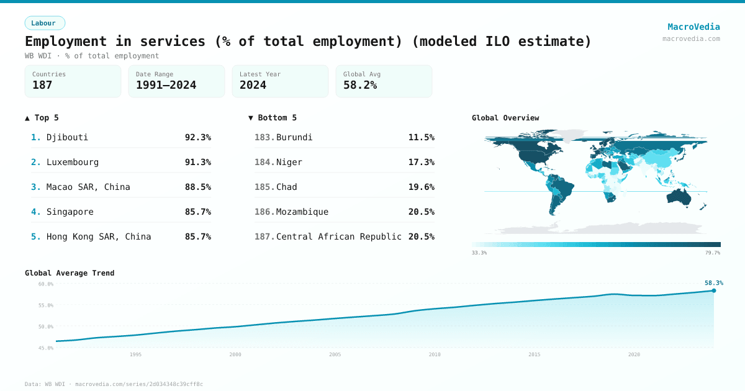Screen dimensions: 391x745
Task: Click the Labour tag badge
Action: click(44, 23)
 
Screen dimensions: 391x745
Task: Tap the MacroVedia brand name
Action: click(693, 27)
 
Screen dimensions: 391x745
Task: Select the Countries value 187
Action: click(42, 85)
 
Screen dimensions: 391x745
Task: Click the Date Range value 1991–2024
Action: click(166, 85)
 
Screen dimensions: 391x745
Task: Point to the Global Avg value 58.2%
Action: click(360, 85)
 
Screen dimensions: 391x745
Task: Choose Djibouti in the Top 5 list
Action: click(67, 137)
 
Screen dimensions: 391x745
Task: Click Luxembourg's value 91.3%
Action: click(197, 162)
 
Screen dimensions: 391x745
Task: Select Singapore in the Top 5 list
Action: click(70, 212)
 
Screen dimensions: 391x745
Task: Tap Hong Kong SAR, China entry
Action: click(98, 236)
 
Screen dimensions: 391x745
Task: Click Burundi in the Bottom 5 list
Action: click(294, 137)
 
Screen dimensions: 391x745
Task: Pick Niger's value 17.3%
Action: click(421, 162)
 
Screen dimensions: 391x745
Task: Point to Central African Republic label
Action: click(338, 236)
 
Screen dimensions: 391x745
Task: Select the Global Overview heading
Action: click(505, 118)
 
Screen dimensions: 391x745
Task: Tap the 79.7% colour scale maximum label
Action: click(713, 253)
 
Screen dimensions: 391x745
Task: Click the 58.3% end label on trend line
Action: click(713, 283)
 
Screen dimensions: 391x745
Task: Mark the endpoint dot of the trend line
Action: click(713, 290)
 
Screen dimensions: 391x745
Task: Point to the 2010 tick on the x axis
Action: click(435, 354)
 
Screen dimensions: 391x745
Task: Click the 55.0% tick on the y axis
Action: click(46, 305)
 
